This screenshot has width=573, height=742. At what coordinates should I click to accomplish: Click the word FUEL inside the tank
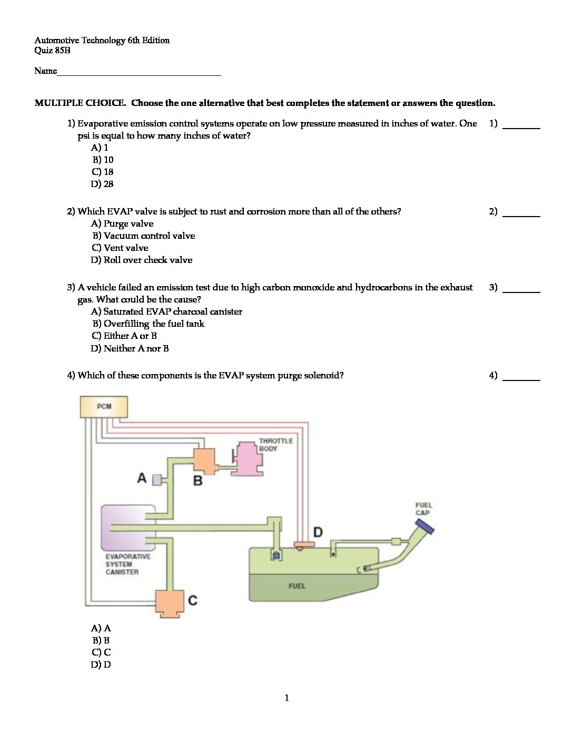[297, 585]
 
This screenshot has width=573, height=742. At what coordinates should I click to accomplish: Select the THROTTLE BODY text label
[275, 444]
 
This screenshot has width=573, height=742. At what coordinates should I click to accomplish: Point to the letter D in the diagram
[318, 532]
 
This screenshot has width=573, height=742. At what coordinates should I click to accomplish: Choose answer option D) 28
[102, 184]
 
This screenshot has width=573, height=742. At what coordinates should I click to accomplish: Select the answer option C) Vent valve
[120, 248]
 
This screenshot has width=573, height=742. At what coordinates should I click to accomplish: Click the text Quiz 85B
[52, 51]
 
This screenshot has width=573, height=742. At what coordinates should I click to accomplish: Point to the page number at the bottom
[286, 698]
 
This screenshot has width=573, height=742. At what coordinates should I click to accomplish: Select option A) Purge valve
[122, 223]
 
